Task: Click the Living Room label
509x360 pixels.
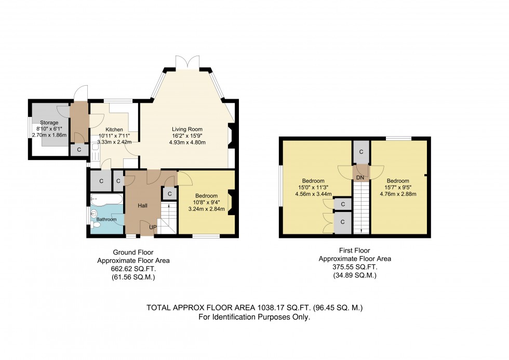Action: [x=187, y=129]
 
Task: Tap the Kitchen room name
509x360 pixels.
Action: [x=114, y=129]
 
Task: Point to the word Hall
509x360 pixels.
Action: [x=142, y=206]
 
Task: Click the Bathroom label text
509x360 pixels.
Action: [x=106, y=219]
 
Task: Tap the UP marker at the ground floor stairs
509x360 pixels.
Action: [x=153, y=228]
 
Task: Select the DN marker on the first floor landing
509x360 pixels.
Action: [x=360, y=178]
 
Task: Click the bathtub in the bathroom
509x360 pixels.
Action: [x=106, y=200]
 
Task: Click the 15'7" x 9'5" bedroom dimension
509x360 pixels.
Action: [x=400, y=188]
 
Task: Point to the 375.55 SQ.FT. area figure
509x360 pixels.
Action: [x=355, y=266]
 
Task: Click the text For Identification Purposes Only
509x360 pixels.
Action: [x=254, y=317]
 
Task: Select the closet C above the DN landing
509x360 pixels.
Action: [x=360, y=152]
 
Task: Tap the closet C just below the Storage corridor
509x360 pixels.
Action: [x=79, y=150]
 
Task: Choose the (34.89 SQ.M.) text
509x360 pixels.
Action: [x=355, y=275]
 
